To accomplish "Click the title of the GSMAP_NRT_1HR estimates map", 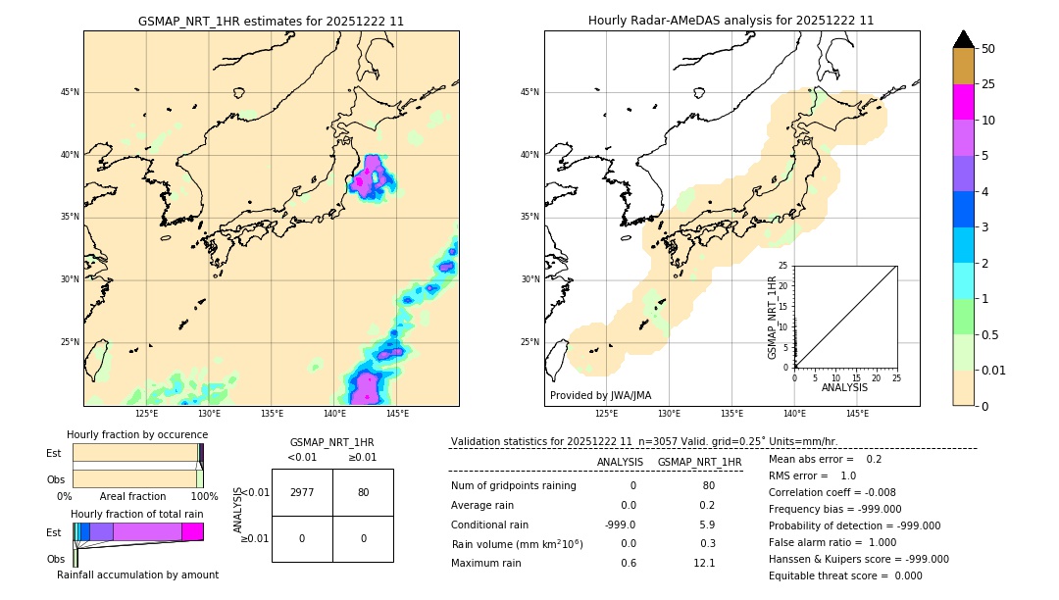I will pyautogui.click(x=271, y=21).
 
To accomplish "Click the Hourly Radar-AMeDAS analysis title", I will pyautogui.click(x=731, y=21).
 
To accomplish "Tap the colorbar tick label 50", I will pyautogui.click(x=988, y=49).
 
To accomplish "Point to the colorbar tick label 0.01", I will pyautogui.click(x=994, y=370).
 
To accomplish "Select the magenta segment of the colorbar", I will pyautogui.click(x=964, y=102).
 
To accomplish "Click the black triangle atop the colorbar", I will pyautogui.click(x=964, y=39).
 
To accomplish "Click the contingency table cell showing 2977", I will pyautogui.click(x=302, y=492).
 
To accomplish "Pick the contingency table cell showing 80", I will pyautogui.click(x=363, y=492).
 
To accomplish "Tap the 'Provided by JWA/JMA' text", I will pyautogui.click(x=600, y=395).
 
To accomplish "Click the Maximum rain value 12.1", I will pyautogui.click(x=704, y=563).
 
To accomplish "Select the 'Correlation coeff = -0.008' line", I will pyautogui.click(x=832, y=492).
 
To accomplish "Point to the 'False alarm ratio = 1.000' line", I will pyautogui.click(x=832, y=542).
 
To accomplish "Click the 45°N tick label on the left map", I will pyautogui.click(x=69, y=92).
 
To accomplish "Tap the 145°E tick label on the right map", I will pyautogui.click(x=857, y=414).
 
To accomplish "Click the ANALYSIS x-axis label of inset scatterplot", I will pyautogui.click(x=844, y=387).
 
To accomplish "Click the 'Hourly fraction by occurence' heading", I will pyautogui.click(x=137, y=434).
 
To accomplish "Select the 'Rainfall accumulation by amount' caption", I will pyautogui.click(x=137, y=575).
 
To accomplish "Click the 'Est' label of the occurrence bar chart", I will pyautogui.click(x=53, y=453).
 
